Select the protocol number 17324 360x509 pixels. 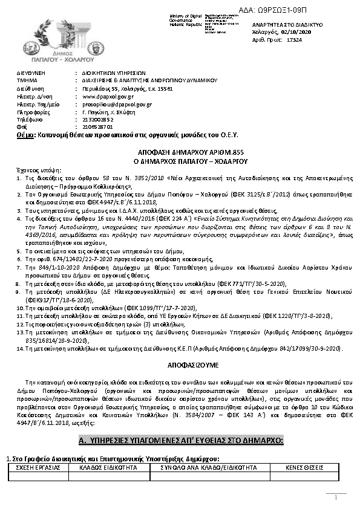point(293,40)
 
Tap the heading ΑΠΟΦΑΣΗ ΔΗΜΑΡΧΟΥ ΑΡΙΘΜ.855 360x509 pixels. point(182,154)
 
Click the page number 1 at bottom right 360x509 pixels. point(336,498)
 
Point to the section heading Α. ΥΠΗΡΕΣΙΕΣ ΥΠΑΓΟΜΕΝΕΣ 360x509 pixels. point(182,439)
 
